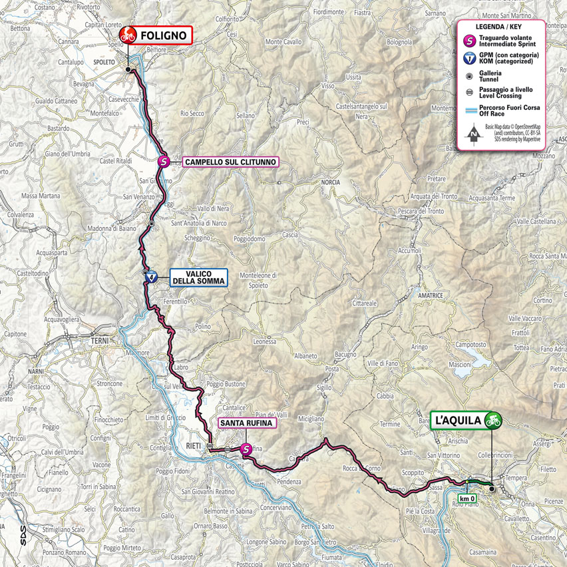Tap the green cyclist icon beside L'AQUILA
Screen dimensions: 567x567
(492, 420)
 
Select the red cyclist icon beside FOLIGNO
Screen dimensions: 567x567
(127, 35)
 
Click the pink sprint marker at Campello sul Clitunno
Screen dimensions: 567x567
(164, 162)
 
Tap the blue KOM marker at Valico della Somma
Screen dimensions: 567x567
(152, 277)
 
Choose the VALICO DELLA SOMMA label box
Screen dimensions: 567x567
(198, 277)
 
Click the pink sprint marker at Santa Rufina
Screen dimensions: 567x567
(246, 449)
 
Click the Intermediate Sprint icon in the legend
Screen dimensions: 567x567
(470, 40)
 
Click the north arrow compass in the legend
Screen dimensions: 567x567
(472, 134)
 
